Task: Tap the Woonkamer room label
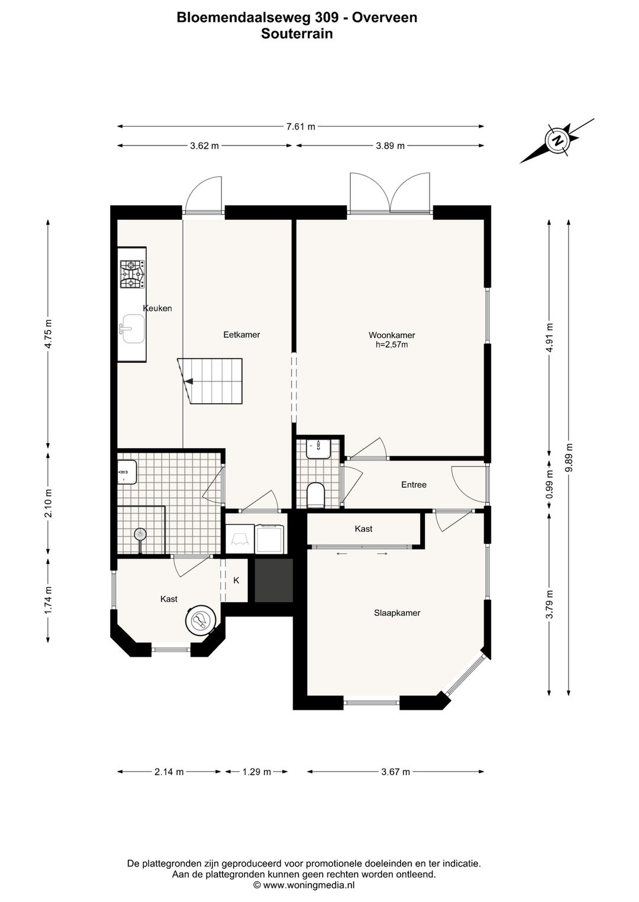[392, 335]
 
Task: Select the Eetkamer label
[241, 334]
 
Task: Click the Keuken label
[157, 308]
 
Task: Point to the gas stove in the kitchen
[132, 274]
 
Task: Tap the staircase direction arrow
[189, 381]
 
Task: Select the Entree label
[414, 485]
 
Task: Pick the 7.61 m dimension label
[301, 127]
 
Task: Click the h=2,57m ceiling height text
[392, 345]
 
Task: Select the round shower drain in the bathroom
[140, 534]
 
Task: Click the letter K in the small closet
[236, 580]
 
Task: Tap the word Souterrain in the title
[297, 34]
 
